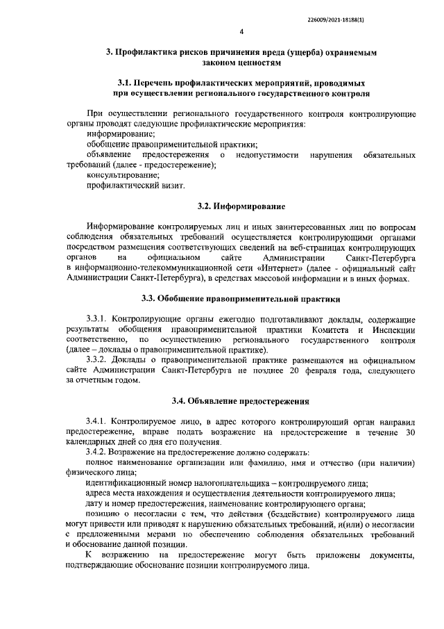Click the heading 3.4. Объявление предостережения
[x=241, y=401]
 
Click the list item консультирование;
[x=118, y=176]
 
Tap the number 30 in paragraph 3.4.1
[x=410, y=433]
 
